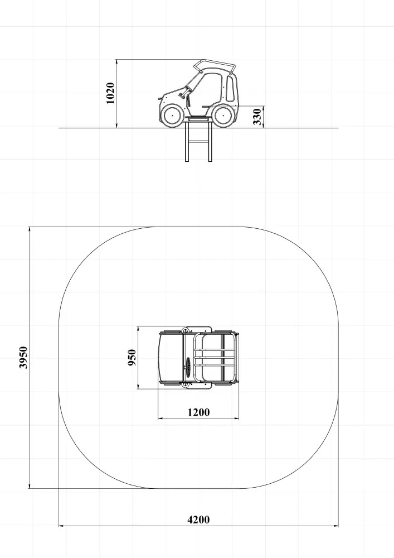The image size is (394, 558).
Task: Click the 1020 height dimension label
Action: [110, 93]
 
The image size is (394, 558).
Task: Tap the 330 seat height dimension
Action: [257, 117]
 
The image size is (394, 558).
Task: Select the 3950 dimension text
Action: [23, 357]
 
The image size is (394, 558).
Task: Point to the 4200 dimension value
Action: [198, 520]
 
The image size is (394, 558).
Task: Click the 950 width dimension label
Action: [132, 357]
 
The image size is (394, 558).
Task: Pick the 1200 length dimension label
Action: [198, 412]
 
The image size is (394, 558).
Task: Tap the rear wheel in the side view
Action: [223, 116]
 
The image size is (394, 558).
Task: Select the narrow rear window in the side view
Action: [230, 88]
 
